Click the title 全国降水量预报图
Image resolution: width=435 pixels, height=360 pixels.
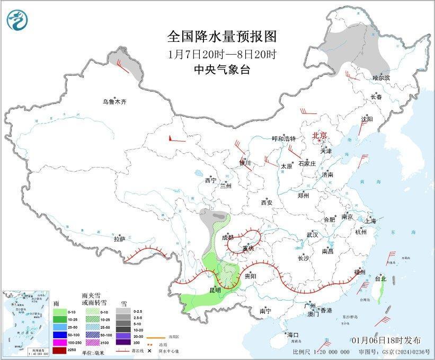point(222,37)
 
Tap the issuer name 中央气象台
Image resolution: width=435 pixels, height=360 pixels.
point(222,69)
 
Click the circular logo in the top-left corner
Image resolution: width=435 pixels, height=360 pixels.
point(17,20)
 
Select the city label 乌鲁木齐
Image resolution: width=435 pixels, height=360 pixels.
point(115,101)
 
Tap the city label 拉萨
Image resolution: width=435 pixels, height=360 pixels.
point(119,239)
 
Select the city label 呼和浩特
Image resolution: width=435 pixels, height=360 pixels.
point(283,138)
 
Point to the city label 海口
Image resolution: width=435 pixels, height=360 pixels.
point(292,335)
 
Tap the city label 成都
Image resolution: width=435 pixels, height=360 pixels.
point(227,237)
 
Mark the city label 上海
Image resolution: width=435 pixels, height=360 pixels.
point(370,221)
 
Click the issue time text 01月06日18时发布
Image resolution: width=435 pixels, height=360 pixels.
point(386,340)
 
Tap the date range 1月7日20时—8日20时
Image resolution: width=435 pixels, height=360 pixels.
point(222,54)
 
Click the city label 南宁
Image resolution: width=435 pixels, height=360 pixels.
point(265,311)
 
